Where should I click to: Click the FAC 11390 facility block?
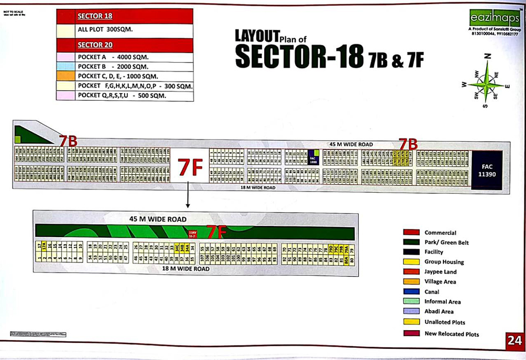tap(487, 170)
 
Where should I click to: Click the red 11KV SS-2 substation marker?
tap(192, 234)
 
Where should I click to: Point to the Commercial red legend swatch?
tap(411, 233)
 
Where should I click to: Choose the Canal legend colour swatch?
tap(411, 292)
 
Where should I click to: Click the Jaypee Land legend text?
tap(440, 272)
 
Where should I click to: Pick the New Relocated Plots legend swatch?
tap(411, 333)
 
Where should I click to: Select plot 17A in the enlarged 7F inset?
tap(44, 247)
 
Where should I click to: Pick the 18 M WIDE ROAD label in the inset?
tap(186, 269)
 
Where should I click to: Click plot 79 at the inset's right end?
tap(351, 258)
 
